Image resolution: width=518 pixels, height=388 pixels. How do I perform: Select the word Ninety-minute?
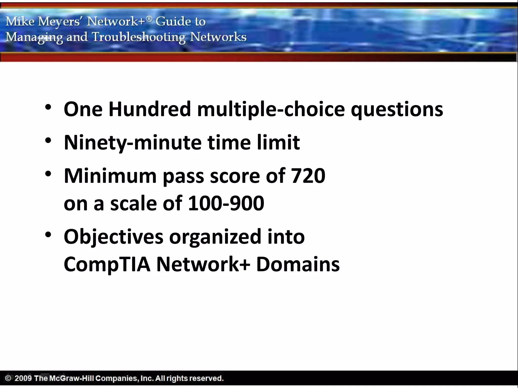[133, 143]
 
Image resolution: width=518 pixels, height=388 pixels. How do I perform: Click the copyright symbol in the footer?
[8, 378]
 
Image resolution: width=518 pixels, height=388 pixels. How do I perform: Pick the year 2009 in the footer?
[23, 378]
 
